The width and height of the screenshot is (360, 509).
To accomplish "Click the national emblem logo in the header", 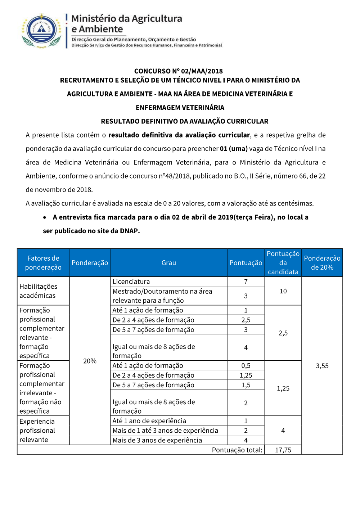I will coord(42,31).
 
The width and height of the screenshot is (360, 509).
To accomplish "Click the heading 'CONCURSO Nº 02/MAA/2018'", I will coord(179,71).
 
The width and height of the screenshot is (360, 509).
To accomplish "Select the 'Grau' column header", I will coord(168,263).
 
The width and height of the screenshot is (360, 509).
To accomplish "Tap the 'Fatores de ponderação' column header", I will coord(43,263).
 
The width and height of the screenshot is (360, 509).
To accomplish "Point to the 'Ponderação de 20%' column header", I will coord(322,263).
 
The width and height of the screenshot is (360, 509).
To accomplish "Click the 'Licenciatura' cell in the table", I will coord(131,281).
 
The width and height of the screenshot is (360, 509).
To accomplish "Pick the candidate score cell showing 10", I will coord(283,291).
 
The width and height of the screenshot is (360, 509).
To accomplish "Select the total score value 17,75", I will coord(283,450).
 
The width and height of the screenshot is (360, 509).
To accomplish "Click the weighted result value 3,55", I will coord(322,366).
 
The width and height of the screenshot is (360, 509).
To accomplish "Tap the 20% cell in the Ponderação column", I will coord(90,361).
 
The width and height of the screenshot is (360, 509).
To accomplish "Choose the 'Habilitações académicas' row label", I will coord(38,291).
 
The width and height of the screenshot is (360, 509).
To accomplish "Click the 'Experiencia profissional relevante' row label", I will coord(37,431).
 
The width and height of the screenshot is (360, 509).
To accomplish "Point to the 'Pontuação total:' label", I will coord(237,450).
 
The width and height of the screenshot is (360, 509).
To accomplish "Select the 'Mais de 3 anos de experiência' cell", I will coord(157,440).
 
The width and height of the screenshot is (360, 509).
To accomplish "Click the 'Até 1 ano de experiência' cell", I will coord(149,421).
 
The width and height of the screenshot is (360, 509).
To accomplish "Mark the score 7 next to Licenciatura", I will coord(246,281).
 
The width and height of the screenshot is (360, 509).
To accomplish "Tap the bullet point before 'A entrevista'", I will coord(45,217).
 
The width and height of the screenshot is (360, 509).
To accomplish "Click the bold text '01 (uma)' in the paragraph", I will coord(234,149).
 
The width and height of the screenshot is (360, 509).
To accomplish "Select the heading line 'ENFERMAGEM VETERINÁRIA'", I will coord(180,108).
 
